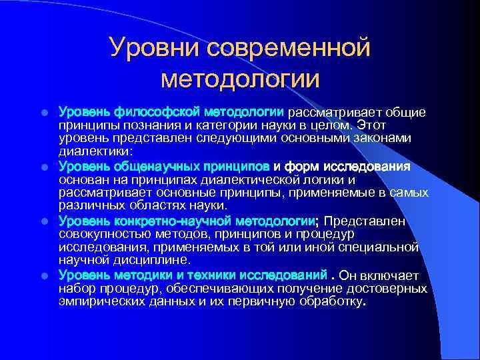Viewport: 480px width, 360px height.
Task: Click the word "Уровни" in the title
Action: point(154,47)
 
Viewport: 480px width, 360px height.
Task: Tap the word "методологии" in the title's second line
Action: point(240,79)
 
